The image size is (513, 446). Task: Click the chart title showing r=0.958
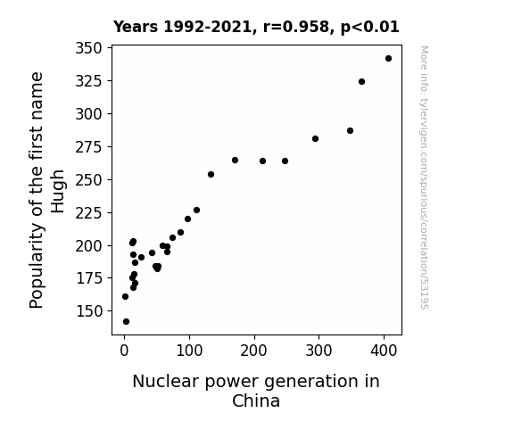[256, 27]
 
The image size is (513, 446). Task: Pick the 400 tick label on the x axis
[384, 351]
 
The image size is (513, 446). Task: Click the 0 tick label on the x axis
[124, 351]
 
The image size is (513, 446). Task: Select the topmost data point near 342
[388, 59]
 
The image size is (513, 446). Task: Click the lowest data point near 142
[127, 322]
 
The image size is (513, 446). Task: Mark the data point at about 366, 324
[361, 81]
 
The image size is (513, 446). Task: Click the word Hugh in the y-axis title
[58, 192]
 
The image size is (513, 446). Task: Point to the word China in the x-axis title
[256, 401]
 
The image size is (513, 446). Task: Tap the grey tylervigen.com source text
[424, 178]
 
